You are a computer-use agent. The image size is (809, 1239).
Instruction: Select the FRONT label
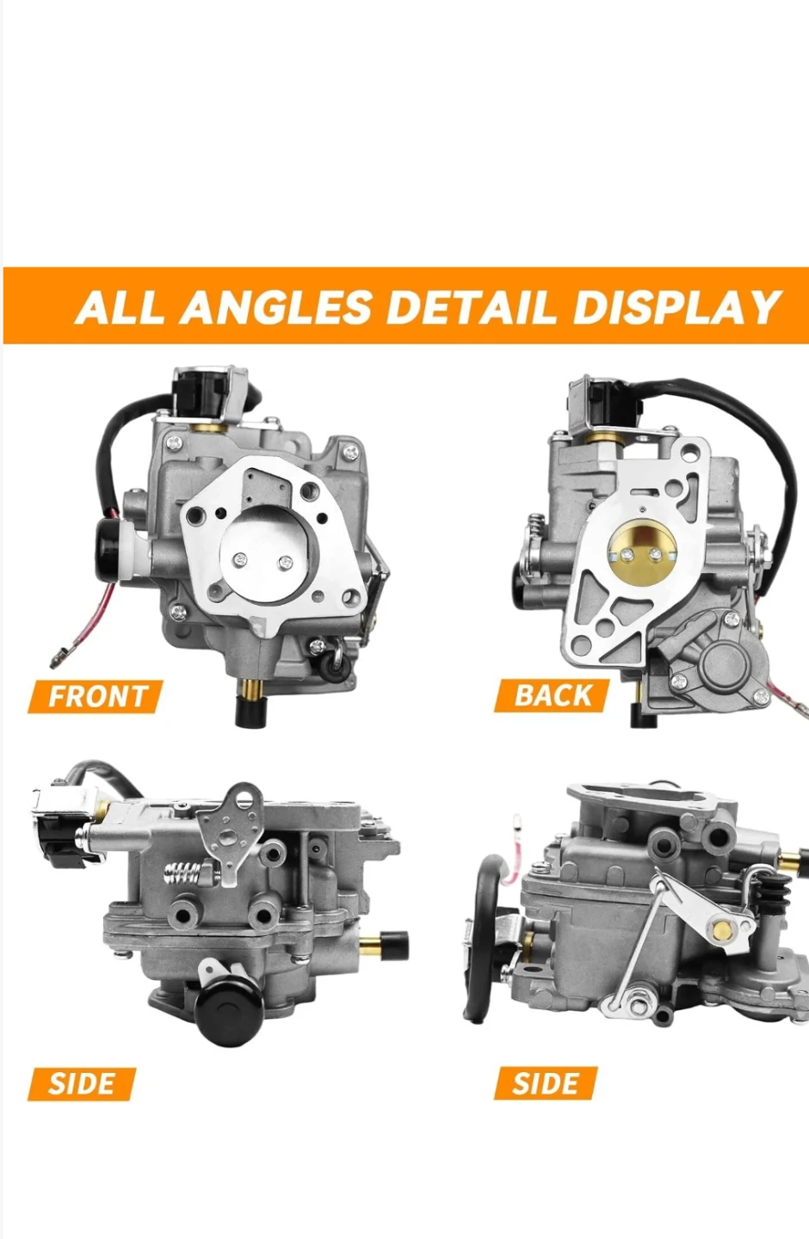tap(96, 696)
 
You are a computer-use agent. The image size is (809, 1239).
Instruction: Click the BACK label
tap(552, 695)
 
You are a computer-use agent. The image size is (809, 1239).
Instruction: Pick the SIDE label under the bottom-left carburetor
tap(82, 1083)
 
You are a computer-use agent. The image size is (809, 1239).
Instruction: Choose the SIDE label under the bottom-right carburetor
tap(546, 1083)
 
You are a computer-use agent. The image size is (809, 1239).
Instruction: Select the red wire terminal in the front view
tap(59, 659)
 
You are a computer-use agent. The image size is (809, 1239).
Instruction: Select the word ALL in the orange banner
tap(119, 306)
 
